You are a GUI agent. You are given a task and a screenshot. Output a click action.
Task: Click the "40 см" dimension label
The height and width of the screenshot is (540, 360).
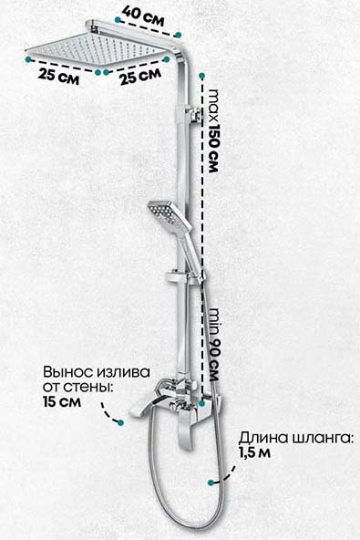(143, 16)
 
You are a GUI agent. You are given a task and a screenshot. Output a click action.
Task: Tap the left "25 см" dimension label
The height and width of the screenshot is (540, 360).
(59, 76)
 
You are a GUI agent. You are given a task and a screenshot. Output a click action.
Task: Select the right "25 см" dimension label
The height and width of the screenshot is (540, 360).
(140, 77)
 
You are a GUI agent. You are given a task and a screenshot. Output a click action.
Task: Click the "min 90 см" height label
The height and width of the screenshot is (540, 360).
(214, 345)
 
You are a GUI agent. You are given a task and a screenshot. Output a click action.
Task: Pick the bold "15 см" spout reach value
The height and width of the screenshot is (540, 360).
(62, 401)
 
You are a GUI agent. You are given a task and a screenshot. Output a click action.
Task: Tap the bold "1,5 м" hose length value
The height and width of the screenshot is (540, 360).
(255, 452)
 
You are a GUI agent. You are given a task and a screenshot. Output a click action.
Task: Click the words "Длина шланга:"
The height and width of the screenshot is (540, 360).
(296, 439)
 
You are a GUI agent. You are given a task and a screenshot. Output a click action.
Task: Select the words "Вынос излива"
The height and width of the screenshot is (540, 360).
(97, 372)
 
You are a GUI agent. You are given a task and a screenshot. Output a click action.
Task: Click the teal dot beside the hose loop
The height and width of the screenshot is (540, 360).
(211, 483)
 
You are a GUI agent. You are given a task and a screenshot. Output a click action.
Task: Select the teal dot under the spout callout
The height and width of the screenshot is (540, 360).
(120, 422)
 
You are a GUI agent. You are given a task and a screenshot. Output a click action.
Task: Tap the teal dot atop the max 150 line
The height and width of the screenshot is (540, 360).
(202, 76)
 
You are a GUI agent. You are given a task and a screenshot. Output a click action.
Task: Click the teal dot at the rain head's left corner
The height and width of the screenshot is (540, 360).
(28, 59)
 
